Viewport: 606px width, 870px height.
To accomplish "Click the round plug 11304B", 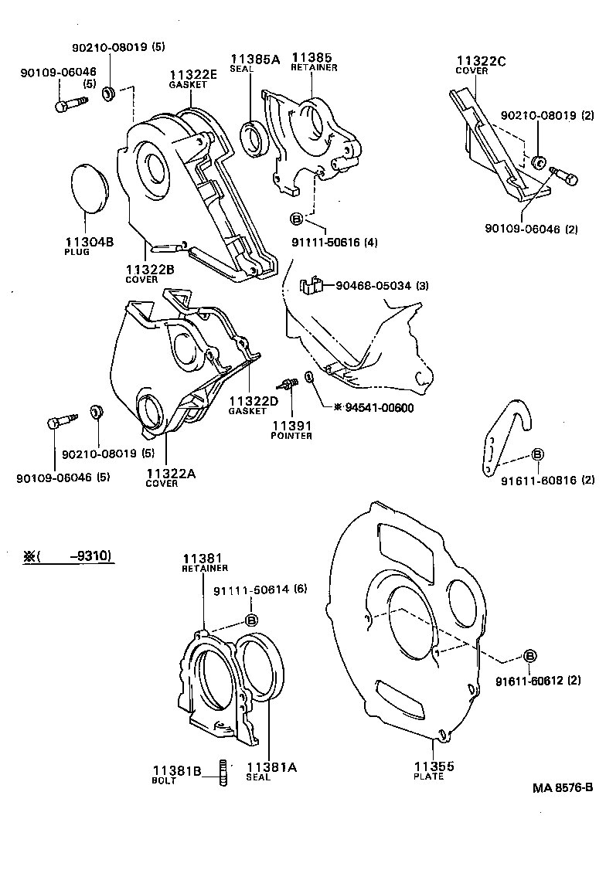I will pyautogui.click(x=93, y=189).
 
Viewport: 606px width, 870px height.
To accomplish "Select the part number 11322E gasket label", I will pyautogui.click(x=193, y=75).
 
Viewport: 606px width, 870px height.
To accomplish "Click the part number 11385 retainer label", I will pyautogui.click(x=311, y=57).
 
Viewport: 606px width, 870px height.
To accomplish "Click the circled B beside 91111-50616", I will pyautogui.click(x=298, y=219).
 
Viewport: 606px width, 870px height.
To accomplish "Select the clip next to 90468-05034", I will pyautogui.click(x=311, y=286).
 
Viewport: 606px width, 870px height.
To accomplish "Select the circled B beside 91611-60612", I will pyautogui.click(x=530, y=657).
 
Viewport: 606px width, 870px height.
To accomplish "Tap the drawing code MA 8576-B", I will pyautogui.click(x=562, y=788).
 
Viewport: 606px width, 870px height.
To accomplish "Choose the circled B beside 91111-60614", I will pyautogui.click(x=251, y=620).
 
